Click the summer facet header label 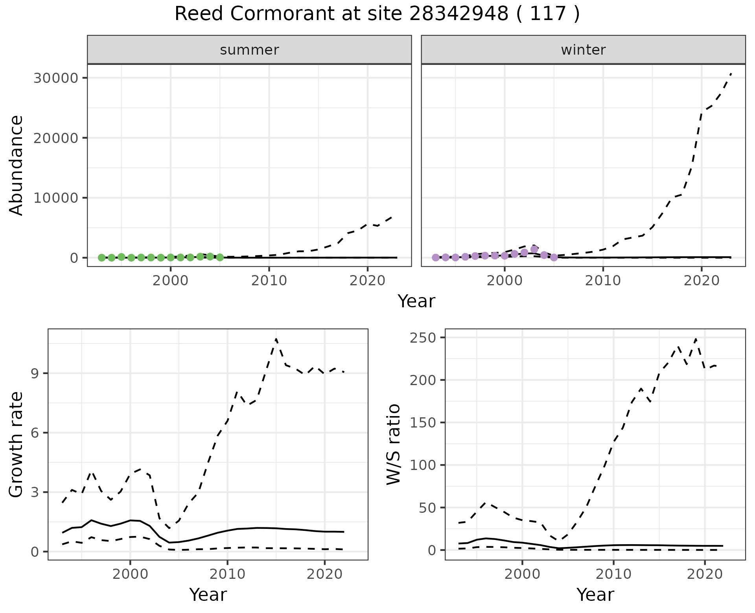(249, 50)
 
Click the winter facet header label (583, 50)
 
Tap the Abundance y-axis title (17, 165)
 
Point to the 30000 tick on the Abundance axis (55, 78)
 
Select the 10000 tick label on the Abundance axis (55, 198)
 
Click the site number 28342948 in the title (459, 14)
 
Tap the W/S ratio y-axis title (394, 444)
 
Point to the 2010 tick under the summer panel (269, 281)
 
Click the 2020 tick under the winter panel (702, 281)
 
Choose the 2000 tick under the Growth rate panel (130, 574)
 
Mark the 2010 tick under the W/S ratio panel (613, 574)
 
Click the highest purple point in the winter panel (534, 249)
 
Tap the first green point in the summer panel (101, 258)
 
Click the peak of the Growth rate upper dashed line (276, 339)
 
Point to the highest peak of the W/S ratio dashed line (696, 338)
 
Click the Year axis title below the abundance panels (416, 301)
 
